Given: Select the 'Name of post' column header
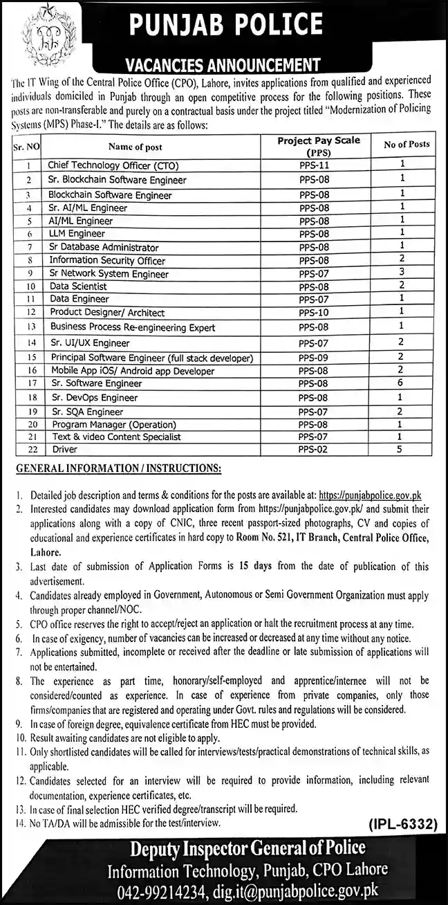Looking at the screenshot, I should [144, 147].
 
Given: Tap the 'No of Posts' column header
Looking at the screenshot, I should [406, 145].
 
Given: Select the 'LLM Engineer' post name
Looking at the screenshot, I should [77, 235].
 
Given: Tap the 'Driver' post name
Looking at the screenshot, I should [64, 450].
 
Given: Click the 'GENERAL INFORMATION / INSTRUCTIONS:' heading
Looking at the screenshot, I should [118, 469].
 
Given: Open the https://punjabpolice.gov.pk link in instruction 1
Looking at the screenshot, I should [370, 495].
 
